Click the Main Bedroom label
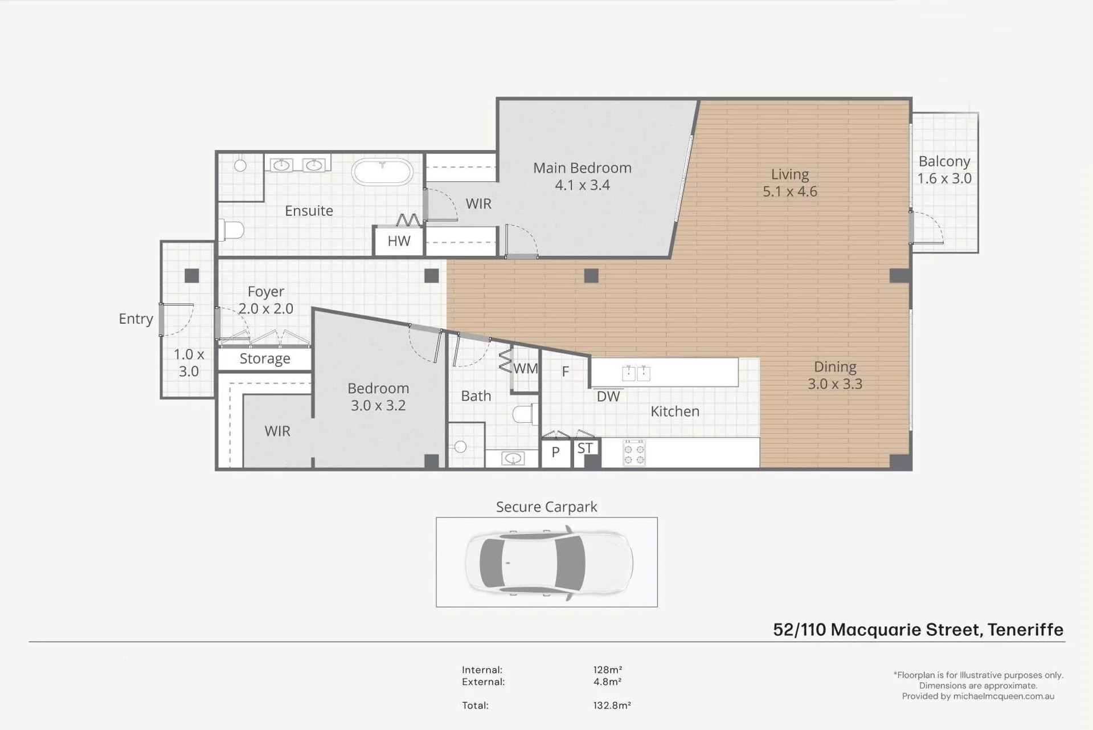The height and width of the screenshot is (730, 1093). click(x=582, y=168)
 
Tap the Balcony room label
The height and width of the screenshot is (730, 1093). click(x=944, y=161)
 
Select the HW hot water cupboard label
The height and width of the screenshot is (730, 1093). click(x=399, y=241)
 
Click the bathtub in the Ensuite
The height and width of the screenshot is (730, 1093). click(x=382, y=172)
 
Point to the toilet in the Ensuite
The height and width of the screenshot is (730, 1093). click(x=231, y=230)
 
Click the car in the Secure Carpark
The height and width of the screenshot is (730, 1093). click(x=549, y=562)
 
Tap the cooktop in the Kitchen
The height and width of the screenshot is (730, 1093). click(x=634, y=454)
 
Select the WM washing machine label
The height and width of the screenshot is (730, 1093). click(x=525, y=369)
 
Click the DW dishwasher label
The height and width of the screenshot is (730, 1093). click(x=608, y=397)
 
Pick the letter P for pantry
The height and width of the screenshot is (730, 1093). click(x=555, y=452)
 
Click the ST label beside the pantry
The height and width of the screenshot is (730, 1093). click(x=585, y=448)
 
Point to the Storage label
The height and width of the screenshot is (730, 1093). click(x=265, y=358)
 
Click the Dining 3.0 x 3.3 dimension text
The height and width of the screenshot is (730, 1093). click(x=835, y=384)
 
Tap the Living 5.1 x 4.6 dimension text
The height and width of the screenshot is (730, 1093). click(x=790, y=191)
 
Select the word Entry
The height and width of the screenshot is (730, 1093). click(x=136, y=319)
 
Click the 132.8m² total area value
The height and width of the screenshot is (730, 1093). click(x=612, y=705)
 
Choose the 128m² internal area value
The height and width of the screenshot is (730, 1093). click(x=608, y=670)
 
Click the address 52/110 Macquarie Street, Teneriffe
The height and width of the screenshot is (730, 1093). click(x=918, y=630)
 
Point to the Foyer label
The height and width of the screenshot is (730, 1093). click(x=266, y=292)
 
